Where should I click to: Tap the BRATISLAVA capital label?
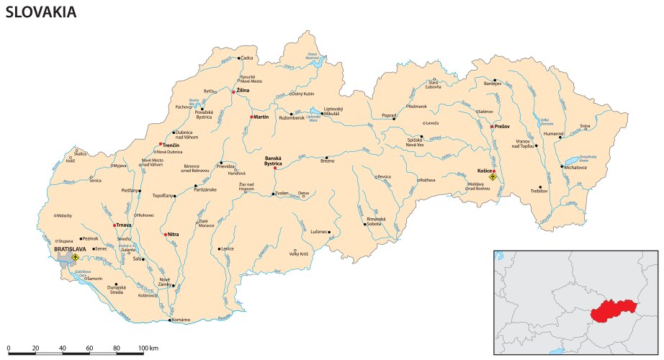(x=70, y=249)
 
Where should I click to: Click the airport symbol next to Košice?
(x=493, y=176)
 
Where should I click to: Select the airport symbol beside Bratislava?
(x=75, y=256)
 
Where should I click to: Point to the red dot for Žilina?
(x=233, y=91)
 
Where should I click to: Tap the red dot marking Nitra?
(x=166, y=235)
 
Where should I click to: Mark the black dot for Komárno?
(x=170, y=320)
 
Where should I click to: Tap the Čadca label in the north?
(x=248, y=58)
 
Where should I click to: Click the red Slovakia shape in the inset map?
(x=612, y=314)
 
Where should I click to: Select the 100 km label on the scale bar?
(x=148, y=348)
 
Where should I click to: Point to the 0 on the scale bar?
(x=8, y=348)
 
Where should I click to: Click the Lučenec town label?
(x=319, y=232)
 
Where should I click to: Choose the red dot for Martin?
(x=251, y=117)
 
